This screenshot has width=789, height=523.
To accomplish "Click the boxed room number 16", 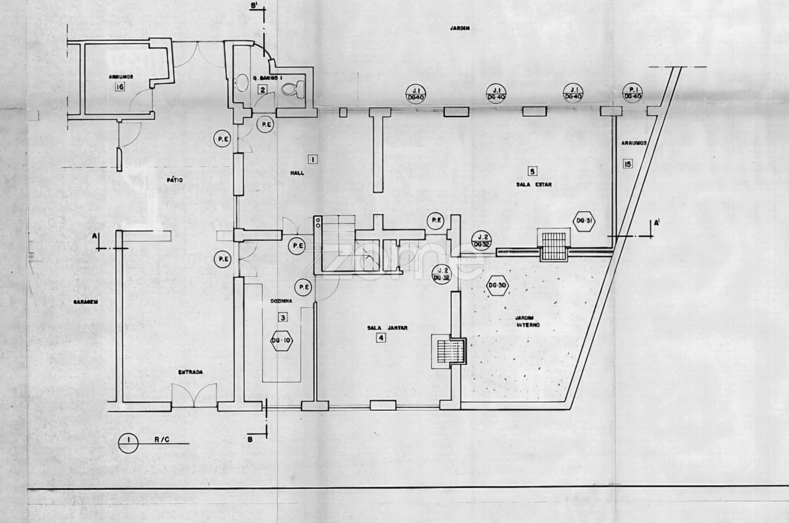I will click(119, 88).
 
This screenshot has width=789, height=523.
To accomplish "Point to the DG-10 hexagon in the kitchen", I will click(283, 340).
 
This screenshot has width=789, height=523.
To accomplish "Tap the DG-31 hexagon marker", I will click(584, 221).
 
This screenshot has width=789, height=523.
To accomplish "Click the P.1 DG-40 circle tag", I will click(632, 93).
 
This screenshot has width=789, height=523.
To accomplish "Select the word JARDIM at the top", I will click(460, 28).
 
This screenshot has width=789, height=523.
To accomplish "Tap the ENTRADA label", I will click(190, 372).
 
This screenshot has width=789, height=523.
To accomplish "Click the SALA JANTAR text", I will click(388, 327).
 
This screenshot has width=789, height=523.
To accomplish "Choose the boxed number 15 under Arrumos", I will click(627, 164).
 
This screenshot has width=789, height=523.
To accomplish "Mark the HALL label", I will click(297, 173).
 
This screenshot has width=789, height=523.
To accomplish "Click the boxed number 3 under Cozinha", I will click(283, 318).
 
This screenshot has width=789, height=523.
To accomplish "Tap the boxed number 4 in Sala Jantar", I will click(381, 338).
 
